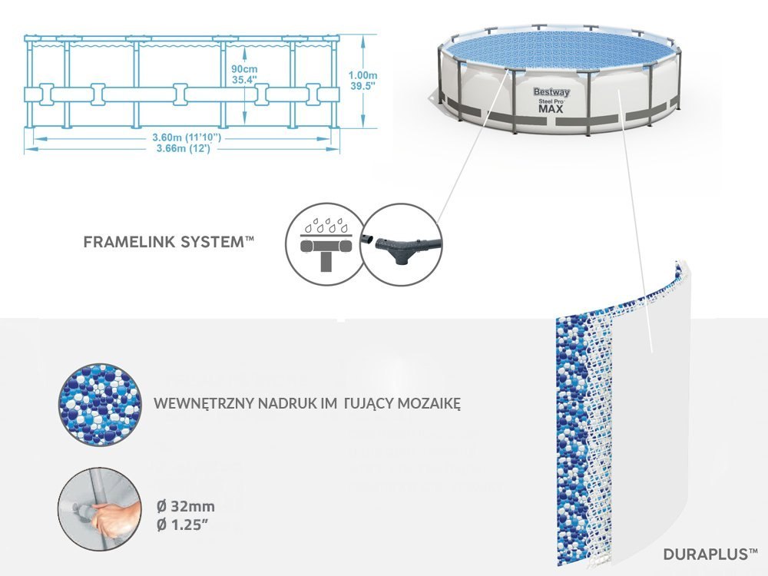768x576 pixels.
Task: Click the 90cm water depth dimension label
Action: point(244,68)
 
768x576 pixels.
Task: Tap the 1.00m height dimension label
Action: point(362,75)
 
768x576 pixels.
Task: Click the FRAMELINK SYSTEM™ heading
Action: point(167,242)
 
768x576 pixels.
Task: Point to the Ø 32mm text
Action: point(184,506)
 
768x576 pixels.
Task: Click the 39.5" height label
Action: point(362,87)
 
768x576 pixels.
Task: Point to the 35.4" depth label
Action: point(244,79)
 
